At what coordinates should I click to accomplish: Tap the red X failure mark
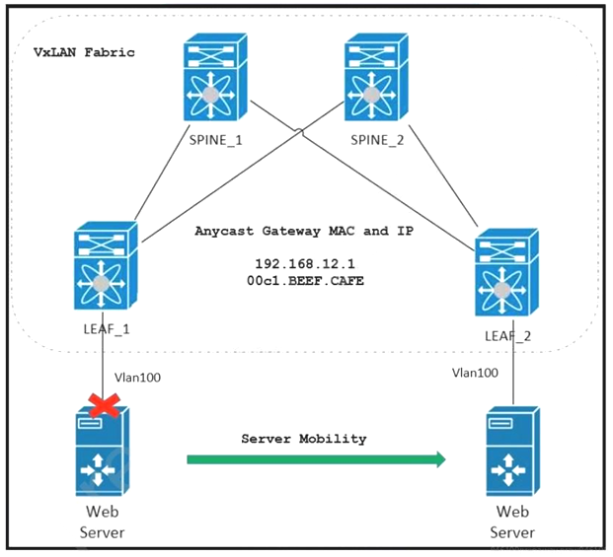[x=104, y=405]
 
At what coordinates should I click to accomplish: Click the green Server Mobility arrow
[x=316, y=458]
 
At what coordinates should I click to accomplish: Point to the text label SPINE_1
[x=215, y=140]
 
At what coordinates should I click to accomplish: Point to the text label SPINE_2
[x=378, y=140]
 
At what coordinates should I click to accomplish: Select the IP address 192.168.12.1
[x=302, y=265]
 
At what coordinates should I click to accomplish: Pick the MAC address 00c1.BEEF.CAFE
[x=302, y=282]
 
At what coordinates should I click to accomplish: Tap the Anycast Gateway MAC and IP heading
[x=303, y=231]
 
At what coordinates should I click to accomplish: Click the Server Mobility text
[x=303, y=437]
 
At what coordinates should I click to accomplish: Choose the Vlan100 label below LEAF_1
[x=139, y=377]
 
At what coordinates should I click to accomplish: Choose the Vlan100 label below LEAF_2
[x=475, y=373]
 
